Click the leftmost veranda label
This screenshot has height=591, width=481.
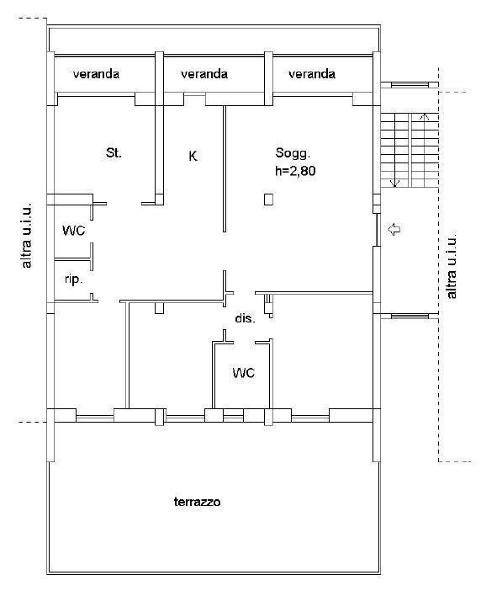click(x=97, y=73)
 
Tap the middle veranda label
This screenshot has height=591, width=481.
click(x=204, y=73)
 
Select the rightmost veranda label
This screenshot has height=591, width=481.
click(x=312, y=73)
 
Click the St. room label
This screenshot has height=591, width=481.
click(x=114, y=153)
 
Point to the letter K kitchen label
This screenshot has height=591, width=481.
click(x=193, y=156)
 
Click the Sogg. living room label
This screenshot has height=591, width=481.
click(x=293, y=153)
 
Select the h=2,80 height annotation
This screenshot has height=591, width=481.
click(x=295, y=171)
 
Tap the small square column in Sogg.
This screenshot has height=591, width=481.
click(x=268, y=200)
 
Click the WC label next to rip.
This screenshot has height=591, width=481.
click(x=74, y=231)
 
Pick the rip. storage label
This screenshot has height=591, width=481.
click(x=73, y=280)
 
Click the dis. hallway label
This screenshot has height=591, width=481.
click(x=245, y=318)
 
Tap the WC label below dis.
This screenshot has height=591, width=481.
click(x=244, y=373)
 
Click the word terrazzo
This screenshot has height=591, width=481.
click(x=198, y=502)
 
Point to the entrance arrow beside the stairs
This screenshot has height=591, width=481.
click(x=394, y=229)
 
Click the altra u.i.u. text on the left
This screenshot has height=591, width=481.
click(x=27, y=236)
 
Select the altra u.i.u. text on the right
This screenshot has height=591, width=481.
click(x=452, y=264)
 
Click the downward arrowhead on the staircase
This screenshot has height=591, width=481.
click(x=394, y=184)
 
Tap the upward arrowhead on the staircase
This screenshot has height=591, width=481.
click(x=424, y=116)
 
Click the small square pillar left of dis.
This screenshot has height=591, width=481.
click(x=160, y=308)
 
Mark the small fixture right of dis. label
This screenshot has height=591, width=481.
click(x=269, y=306)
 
